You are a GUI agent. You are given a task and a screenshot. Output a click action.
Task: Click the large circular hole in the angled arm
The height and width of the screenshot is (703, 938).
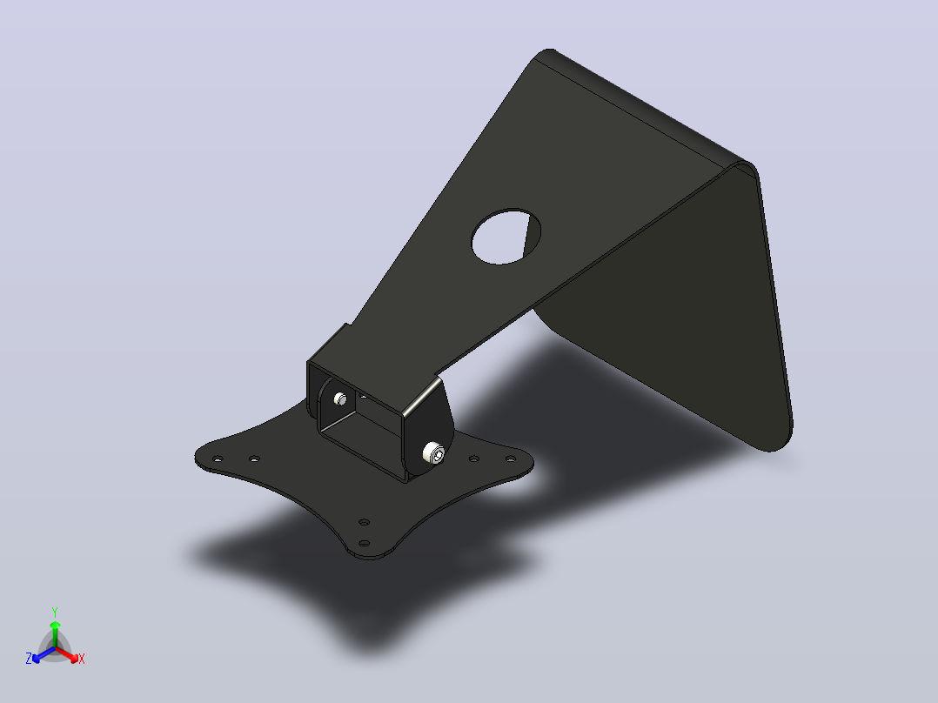coord(506,237)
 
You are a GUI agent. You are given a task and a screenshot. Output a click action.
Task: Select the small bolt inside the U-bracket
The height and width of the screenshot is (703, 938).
coord(340,398)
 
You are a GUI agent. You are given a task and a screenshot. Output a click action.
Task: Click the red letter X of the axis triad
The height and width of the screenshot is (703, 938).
coord(82,659)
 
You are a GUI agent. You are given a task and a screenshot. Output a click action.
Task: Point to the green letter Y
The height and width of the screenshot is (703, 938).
coord(55,612)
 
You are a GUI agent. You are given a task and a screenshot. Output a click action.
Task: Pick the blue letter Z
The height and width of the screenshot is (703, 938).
coord(28,659)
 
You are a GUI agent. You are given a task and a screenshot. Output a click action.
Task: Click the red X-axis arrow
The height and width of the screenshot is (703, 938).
coord(67,654)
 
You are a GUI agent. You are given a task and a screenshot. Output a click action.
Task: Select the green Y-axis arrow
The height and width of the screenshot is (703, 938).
coord(55,634)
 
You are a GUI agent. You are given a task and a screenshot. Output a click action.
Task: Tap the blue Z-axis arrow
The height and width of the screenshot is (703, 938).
coord(44,654)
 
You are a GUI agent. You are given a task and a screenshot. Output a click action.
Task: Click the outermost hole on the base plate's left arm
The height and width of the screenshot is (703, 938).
coord(218,459)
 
